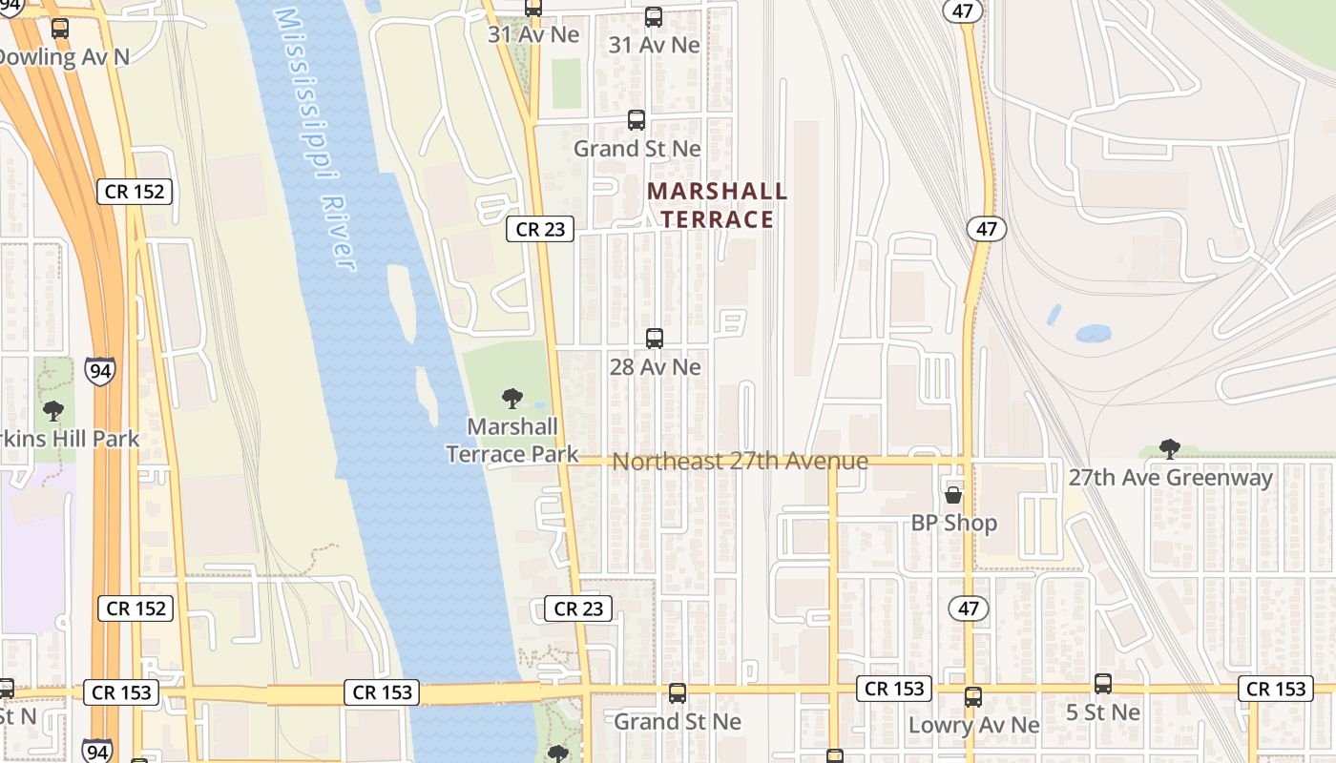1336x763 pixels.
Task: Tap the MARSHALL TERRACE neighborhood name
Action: pyautogui.click(x=717, y=205)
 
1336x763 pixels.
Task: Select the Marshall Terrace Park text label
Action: pyautogui.click(x=512, y=440)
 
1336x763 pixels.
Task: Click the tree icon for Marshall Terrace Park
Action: pyautogui.click(x=512, y=399)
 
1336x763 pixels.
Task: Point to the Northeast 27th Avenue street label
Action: pyautogui.click(x=740, y=462)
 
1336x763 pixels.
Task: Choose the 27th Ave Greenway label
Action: pyautogui.click(x=1170, y=477)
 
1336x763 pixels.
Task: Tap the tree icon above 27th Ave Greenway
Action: pyautogui.click(x=1169, y=448)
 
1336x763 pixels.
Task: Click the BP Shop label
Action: pyautogui.click(x=953, y=523)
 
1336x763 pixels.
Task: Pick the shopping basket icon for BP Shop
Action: pyautogui.click(x=952, y=495)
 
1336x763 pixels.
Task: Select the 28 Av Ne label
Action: pyautogui.click(x=655, y=366)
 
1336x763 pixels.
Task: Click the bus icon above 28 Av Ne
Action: pyautogui.click(x=655, y=339)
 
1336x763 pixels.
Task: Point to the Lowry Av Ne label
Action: pyautogui.click(x=973, y=725)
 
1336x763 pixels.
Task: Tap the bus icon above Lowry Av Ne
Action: pyautogui.click(x=973, y=697)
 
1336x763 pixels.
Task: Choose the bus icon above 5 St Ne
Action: pyautogui.click(x=1103, y=684)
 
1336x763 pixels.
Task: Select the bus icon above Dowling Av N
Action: pyautogui.click(x=60, y=29)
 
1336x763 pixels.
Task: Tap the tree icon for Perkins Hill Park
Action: pyautogui.click(x=53, y=411)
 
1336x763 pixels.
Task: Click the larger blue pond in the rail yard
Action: pyautogui.click(x=1093, y=334)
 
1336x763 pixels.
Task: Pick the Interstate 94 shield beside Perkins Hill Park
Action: pyautogui.click(x=98, y=370)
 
